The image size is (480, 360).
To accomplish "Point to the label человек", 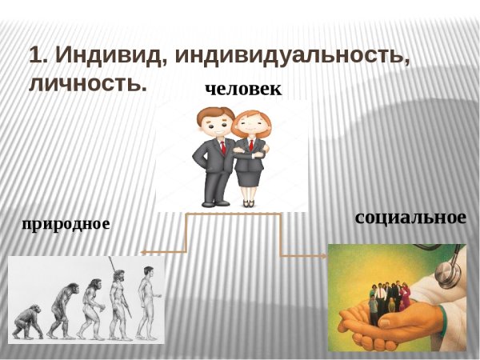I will [x=243, y=89].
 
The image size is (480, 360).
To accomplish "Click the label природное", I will [x=66, y=223].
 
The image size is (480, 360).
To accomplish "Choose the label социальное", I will [x=410, y=217].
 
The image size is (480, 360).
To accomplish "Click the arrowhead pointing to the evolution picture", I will [x=144, y=252].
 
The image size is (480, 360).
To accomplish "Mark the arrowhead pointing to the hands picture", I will [x=325, y=256].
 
